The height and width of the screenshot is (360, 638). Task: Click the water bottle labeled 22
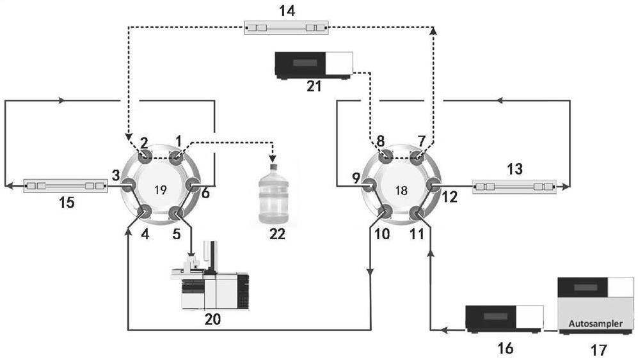click(x=273, y=194)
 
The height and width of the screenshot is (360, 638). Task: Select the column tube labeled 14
click(x=286, y=28)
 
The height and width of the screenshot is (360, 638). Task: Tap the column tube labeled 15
click(x=64, y=186)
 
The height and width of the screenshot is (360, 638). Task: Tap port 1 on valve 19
click(x=177, y=157)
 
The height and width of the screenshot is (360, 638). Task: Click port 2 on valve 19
click(x=145, y=157)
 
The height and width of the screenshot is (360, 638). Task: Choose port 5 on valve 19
click(x=177, y=213)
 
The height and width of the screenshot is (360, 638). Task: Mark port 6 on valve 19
click(x=193, y=185)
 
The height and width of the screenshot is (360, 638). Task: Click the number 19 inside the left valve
click(x=161, y=189)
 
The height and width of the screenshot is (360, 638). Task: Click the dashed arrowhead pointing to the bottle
click(x=273, y=158)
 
